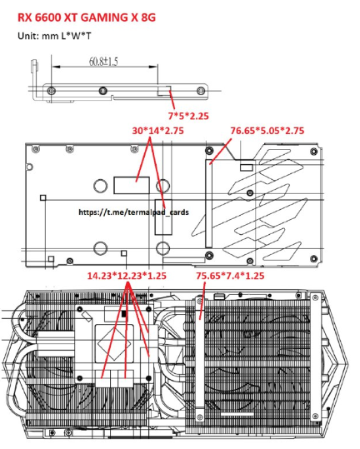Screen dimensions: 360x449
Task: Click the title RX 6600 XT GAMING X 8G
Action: click(x=87, y=17)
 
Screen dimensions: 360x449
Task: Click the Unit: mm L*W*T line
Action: click(x=54, y=36)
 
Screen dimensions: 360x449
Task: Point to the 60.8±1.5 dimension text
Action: click(x=103, y=62)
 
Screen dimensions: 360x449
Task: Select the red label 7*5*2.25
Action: click(x=188, y=116)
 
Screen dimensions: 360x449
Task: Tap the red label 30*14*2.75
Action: click(x=157, y=131)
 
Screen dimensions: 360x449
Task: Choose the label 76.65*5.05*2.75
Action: click(x=267, y=131)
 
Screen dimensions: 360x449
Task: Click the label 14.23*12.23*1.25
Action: click(x=127, y=276)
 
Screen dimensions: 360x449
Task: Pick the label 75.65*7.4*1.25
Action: click(x=230, y=276)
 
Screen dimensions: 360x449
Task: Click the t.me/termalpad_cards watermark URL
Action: click(x=133, y=212)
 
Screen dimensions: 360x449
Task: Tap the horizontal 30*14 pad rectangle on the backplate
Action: click(x=132, y=185)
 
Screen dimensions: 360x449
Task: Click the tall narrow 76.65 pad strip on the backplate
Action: click(x=209, y=203)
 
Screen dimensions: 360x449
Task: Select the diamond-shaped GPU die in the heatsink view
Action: click(x=114, y=342)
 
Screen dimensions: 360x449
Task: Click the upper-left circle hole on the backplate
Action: click(x=101, y=185)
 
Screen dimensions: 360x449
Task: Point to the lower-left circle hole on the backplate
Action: click(x=101, y=248)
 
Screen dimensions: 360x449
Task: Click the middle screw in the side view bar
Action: click(x=102, y=91)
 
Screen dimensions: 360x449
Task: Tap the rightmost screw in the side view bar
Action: click(x=201, y=91)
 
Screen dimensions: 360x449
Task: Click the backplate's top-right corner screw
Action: click(x=314, y=151)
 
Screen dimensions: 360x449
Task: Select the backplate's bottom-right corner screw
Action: click(x=314, y=258)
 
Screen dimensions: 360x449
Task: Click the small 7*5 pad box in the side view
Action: click(x=164, y=90)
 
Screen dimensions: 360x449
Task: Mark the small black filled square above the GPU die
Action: click(x=123, y=314)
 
